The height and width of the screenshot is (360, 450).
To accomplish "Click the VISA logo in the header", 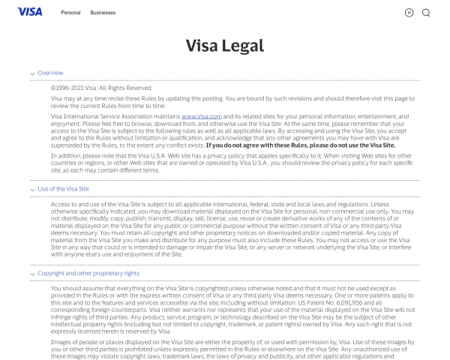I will point(29,11).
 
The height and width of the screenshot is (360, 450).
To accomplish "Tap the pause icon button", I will point(409,12).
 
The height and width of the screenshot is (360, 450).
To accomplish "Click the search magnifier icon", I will point(426,12).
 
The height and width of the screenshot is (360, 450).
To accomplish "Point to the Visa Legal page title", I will point(225,45).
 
